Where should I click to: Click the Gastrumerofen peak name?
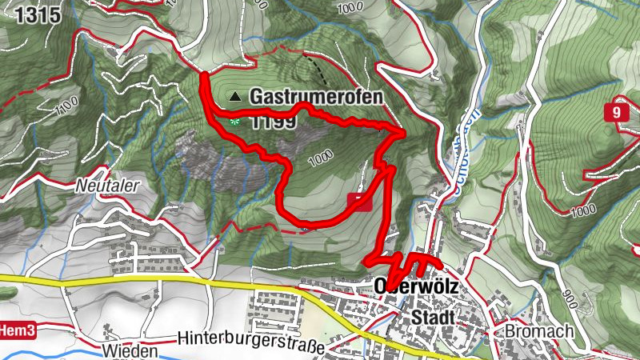click(x=316, y=97)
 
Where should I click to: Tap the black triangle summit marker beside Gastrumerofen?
click(x=235, y=97)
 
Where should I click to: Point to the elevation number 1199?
click(x=274, y=122)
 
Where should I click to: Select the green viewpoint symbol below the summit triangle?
click(x=235, y=122)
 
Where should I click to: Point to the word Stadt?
click(x=432, y=318)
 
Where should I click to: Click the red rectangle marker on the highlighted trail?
click(x=360, y=202)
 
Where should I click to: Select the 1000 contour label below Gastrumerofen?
click(x=319, y=159)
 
